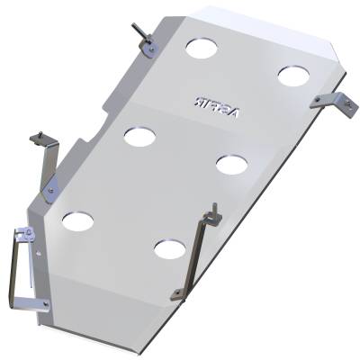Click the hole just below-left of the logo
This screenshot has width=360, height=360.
click(140, 136)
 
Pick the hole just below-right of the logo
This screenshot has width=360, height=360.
click(231, 164)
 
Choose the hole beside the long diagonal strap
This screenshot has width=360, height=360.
click(167, 247)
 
